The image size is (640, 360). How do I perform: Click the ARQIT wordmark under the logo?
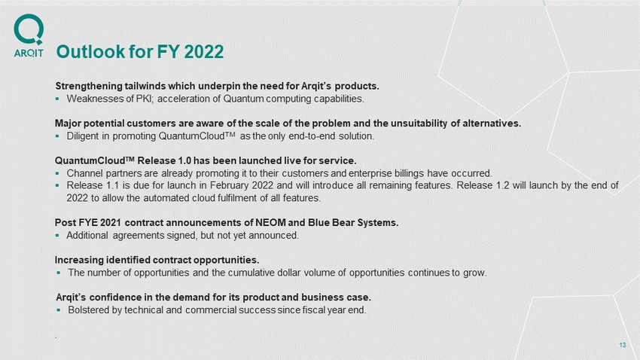29,53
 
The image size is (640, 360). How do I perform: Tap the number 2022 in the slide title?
204,52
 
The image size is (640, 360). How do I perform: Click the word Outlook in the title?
90,52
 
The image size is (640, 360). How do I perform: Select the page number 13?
623,345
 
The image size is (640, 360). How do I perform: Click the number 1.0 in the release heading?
185,161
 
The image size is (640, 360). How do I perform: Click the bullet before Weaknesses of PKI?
57,99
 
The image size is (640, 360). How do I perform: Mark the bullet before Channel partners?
57,173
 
